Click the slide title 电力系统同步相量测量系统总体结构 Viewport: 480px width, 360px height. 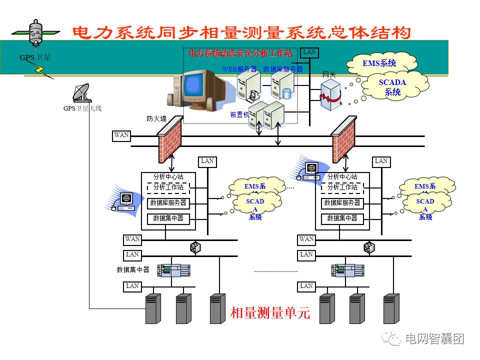pyautogui.click(x=241, y=33)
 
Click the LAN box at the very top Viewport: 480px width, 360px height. pyautogui.click(x=309, y=52)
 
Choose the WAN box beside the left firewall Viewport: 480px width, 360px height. pyautogui.click(x=121, y=135)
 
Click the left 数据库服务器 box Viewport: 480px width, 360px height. pyautogui.click(x=168, y=203)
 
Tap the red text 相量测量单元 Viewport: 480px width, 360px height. pyautogui.click(x=270, y=313)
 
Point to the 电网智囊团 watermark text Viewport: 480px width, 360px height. pyautogui.click(x=434, y=338)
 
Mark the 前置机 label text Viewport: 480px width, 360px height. pyautogui.click(x=239, y=114)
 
